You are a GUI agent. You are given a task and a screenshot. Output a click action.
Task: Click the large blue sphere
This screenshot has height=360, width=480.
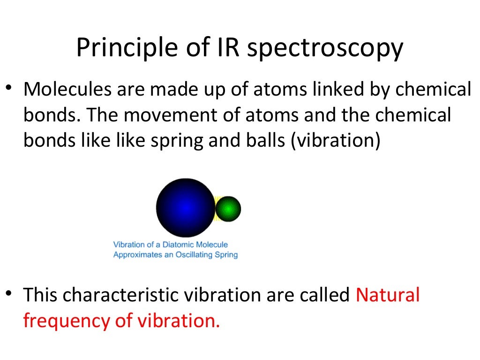tap(185, 207)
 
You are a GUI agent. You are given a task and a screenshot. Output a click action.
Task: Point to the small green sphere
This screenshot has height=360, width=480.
tap(228, 209)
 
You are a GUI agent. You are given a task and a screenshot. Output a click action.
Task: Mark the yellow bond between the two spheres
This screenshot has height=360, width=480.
tap(216, 209)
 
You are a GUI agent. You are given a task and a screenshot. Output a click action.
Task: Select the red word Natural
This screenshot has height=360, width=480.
tap(388, 295)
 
